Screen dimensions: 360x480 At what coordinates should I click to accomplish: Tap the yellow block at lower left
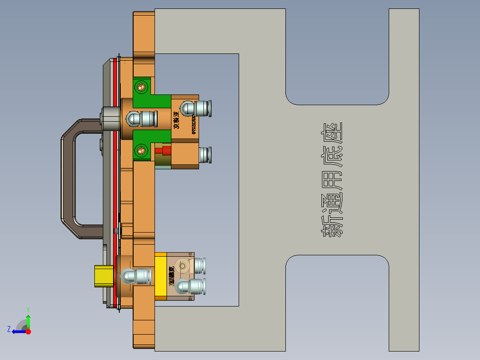103,276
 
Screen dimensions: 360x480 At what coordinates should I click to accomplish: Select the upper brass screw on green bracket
142,86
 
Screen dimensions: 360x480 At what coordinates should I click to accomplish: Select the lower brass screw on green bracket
142,150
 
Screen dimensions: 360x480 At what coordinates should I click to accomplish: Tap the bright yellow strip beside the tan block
161,276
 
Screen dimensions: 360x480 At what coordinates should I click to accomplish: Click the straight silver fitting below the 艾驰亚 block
205,155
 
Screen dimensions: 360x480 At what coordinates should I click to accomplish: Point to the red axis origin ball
28,331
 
